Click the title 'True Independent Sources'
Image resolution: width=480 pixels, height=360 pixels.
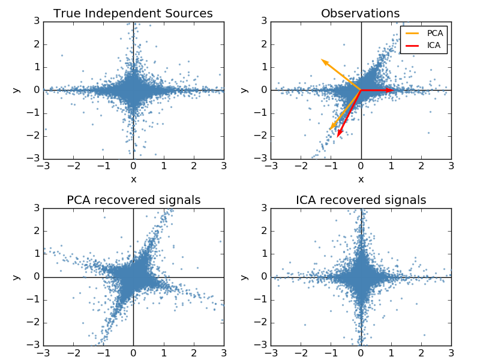(133, 13)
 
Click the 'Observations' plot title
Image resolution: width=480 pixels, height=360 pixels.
(361, 13)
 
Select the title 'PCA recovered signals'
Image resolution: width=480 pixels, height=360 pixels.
(133, 200)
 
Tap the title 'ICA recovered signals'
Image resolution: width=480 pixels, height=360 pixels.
(361, 200)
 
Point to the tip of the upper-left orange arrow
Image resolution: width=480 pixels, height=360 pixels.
(322, 59)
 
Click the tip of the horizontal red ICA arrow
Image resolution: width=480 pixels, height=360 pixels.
(394, 90)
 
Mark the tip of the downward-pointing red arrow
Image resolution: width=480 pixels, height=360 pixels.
(338, 137)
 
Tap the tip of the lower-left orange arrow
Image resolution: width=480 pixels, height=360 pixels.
(329, 129)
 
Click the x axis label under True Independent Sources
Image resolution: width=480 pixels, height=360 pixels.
(133, 179)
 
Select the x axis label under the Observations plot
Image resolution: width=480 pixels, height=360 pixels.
(361, 179)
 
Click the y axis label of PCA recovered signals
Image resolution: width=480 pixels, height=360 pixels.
(17, 277)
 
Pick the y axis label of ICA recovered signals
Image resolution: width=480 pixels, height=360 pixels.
(244, 277)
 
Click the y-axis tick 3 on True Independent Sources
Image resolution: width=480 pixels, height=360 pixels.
(36, 22)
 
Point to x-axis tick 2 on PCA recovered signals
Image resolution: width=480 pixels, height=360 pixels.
(193, 353)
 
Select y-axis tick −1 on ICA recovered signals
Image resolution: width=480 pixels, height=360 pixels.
(261, 300)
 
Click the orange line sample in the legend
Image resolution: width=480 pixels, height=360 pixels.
(413, 34)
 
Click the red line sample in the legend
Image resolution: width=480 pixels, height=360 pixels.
(413, 45)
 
